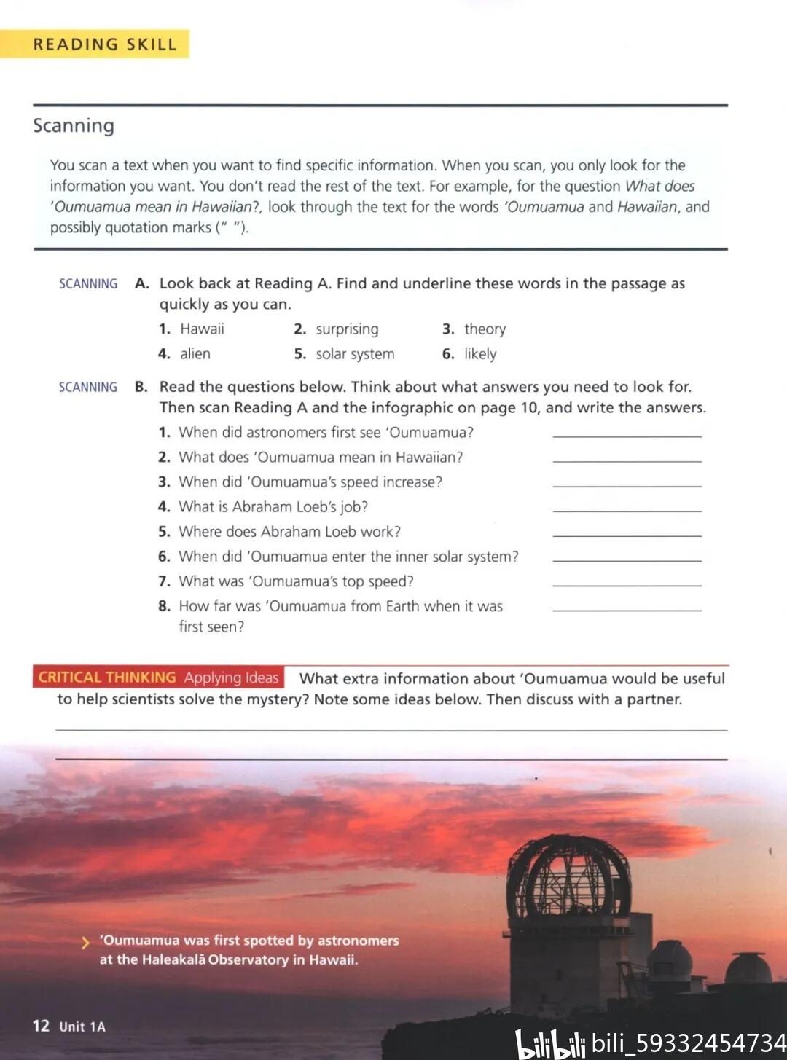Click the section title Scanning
[74, 125]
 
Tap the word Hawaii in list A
[202, 329]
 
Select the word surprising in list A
[347, 329]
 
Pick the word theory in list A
[485, 329]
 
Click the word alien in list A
[195, 354]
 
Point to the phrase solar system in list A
[355, 354]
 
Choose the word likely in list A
[480, 354]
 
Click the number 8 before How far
[164, 606]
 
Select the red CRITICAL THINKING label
[107, 678]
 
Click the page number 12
[41, 1026]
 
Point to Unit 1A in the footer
[82, 1026]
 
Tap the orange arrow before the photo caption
[85, 943]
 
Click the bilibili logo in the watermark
[550, 1044]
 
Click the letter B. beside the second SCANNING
[141, 387]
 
